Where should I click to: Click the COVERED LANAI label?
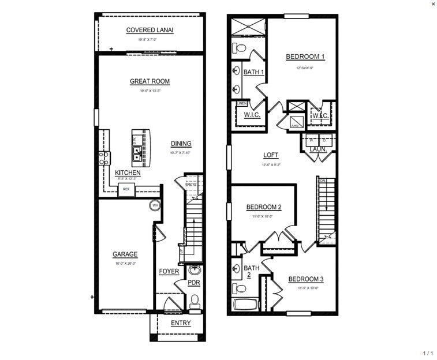pos(150,30)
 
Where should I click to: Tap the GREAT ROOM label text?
pos(150,81)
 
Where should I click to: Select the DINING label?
pos(181,144)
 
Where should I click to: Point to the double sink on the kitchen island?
pos(137,153)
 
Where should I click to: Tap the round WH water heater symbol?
pos(155,205)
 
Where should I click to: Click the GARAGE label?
pos(125,254)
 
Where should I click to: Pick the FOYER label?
pos(169,271)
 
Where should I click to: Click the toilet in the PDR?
pos(195,300)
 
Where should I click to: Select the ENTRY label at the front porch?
pos(181,323)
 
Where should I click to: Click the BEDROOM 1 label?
pos(305,57)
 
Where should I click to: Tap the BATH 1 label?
pos(253,72)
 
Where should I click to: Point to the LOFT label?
pos(270,155)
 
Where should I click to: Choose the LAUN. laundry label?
pos(318,149)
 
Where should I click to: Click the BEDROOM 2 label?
pos(264,207)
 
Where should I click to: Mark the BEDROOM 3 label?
pos(305,279)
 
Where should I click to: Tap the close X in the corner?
pos(433,3)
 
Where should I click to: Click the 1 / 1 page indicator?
pos(427,352)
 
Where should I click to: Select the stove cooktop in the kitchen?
pos(104,157)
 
